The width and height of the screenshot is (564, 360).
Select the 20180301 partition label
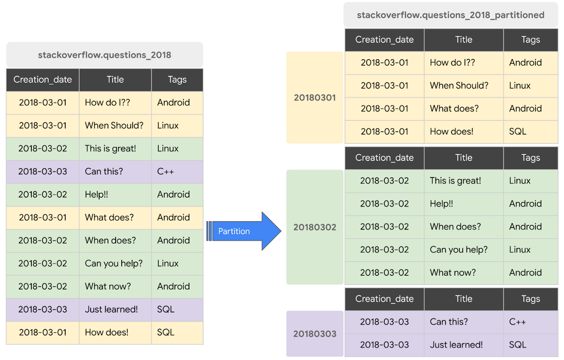(x=315, y=97)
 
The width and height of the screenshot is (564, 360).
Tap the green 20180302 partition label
(x=315, y=227)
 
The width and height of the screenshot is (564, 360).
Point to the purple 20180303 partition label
(x=315, y=334)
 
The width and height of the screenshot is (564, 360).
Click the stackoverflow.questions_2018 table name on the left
(x=104, y=55)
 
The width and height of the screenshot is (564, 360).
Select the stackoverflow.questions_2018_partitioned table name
(x=450, y=15)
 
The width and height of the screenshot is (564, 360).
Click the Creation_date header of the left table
(x=43, y=80)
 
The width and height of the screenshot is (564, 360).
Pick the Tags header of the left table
(x=177, y=80)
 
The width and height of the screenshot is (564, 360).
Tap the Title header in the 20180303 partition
(x=464, y=299)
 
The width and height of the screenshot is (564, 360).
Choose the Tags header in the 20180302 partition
(x=531, y=158)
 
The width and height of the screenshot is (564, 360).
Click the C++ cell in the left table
(x=166, y=172)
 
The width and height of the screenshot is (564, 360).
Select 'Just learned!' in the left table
(x=111, y=309)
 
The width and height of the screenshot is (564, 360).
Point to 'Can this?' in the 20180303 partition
(x=449, y=322)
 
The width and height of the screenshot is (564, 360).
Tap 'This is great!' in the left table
(x=110, y=149)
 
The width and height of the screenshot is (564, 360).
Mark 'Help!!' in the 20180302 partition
(x=442, y=204)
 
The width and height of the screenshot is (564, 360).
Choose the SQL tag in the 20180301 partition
(x=518, y=132)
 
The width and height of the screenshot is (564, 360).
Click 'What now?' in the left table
(x=108, y=286)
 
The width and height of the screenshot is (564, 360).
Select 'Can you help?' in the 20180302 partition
(x=458, y=250)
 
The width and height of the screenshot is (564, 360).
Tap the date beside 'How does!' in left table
(x=43, y=332)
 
